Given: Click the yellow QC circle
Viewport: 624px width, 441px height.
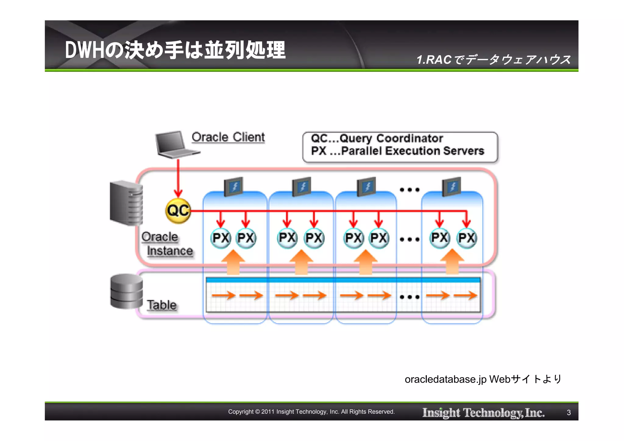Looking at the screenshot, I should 178,210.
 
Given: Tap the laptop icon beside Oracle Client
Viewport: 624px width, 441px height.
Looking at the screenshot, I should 175,145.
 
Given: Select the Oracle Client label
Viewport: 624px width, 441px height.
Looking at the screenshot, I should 228,137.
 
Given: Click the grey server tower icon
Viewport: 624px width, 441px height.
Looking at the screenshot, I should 126,202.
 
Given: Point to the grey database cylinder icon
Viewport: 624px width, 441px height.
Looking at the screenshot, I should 126,291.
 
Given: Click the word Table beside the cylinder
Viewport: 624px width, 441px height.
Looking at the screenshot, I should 162,305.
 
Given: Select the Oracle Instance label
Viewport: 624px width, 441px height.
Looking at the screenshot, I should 167,244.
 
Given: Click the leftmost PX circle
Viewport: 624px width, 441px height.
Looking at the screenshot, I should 221,238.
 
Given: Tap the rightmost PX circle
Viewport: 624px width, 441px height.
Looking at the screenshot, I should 466,238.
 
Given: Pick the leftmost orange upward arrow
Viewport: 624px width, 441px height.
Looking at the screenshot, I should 233,262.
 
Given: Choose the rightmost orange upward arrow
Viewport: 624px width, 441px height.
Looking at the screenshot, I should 452,262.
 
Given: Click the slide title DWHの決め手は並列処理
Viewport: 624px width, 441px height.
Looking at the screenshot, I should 175,50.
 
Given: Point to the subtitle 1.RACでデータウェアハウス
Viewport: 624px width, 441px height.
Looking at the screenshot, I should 493,60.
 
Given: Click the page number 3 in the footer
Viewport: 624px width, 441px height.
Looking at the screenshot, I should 569,413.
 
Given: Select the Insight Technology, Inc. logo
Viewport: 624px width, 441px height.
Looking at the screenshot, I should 483,413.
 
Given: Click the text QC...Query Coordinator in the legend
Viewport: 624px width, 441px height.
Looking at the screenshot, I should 377,139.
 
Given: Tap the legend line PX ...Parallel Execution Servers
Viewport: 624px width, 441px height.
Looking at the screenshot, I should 397,151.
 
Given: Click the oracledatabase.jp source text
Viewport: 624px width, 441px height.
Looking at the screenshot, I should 483,379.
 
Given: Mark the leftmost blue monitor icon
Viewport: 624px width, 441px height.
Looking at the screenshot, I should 234,186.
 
